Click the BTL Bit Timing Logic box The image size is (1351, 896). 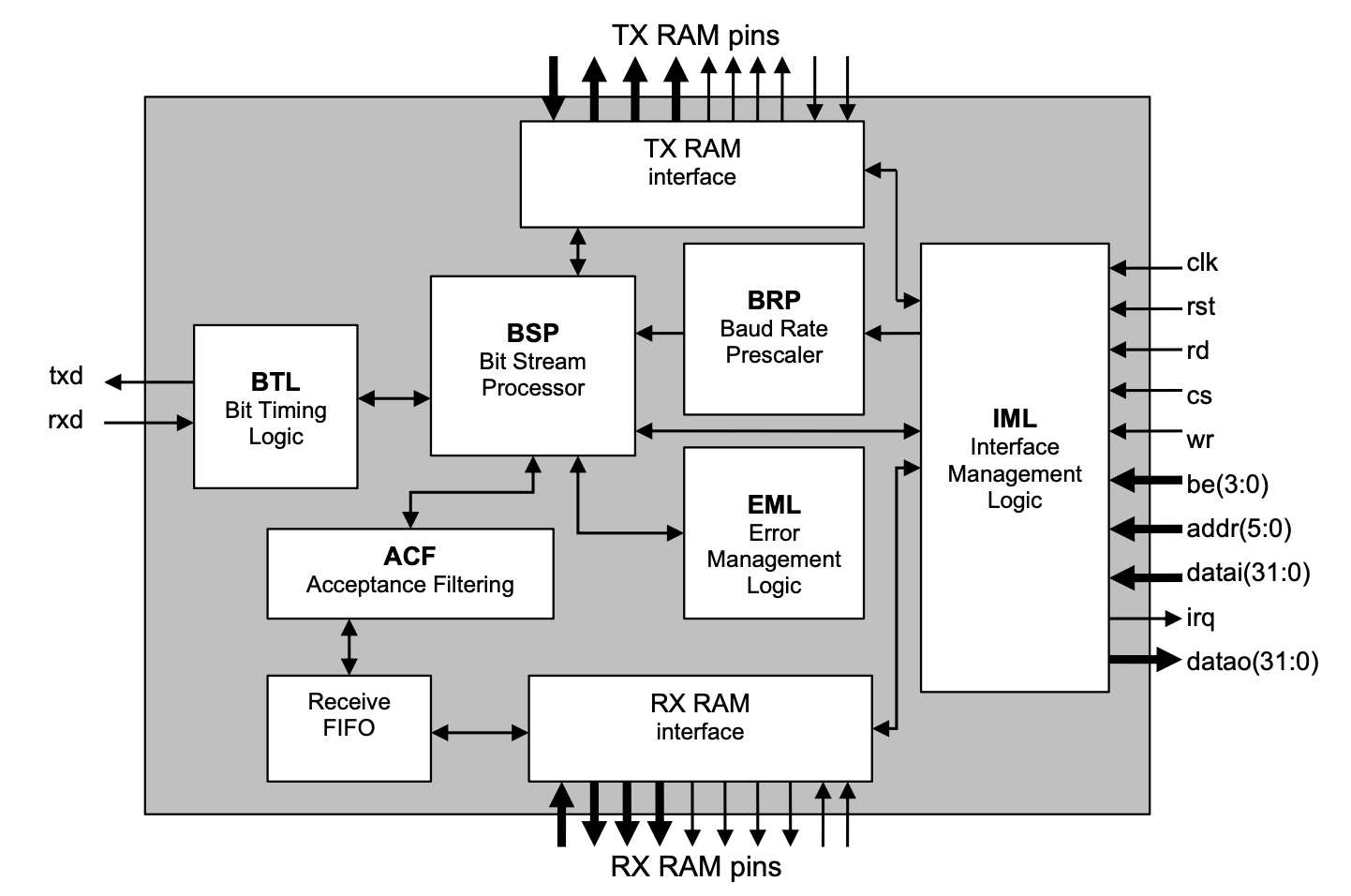point(275,407)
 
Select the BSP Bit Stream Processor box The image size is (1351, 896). point(532,365)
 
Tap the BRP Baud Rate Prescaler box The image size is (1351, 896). point(773,329)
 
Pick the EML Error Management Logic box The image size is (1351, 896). point(773,532)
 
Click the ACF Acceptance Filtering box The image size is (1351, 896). point(409,573)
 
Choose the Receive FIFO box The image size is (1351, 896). point(349,727)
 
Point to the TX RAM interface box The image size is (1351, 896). point(691,174)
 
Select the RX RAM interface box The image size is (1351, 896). point(700,728)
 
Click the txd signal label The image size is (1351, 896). point(66,376)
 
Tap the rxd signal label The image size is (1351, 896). point(66,421)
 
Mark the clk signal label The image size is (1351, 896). point(1201,263)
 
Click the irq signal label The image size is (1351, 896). point(1200,619)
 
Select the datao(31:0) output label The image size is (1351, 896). point(1252,663)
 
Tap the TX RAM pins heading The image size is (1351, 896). point(695,36)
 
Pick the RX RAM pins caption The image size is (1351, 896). point(695,867)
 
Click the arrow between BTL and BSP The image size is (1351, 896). point(393,398)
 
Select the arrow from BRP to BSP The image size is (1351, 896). point(660,333)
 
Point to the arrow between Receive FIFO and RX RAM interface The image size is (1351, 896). point(480,732)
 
